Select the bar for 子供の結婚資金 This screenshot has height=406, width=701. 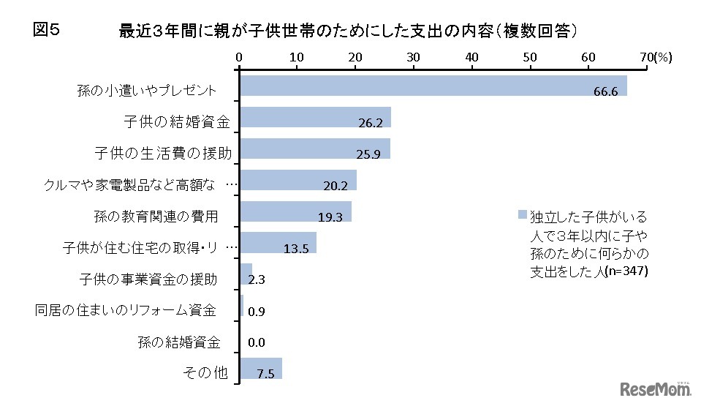point(314,117)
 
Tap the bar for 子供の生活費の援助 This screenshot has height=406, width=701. point(314,149)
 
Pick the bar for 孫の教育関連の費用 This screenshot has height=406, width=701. point(295,211)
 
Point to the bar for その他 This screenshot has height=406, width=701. point(260,369)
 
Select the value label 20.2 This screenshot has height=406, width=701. point(335,186)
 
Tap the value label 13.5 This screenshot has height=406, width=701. point(296,249)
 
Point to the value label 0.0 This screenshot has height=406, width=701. point(257,342)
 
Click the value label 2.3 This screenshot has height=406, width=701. point(257,279)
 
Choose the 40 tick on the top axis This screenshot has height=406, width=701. point(471,56)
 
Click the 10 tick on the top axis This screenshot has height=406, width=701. point(297,56)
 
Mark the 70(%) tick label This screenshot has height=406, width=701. point(655,56)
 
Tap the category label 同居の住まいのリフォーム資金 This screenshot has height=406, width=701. point(126,310)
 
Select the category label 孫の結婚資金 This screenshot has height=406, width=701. point(178,342)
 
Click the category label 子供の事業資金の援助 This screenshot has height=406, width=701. point(148,279)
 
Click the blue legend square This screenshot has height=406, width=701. point(522,215)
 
